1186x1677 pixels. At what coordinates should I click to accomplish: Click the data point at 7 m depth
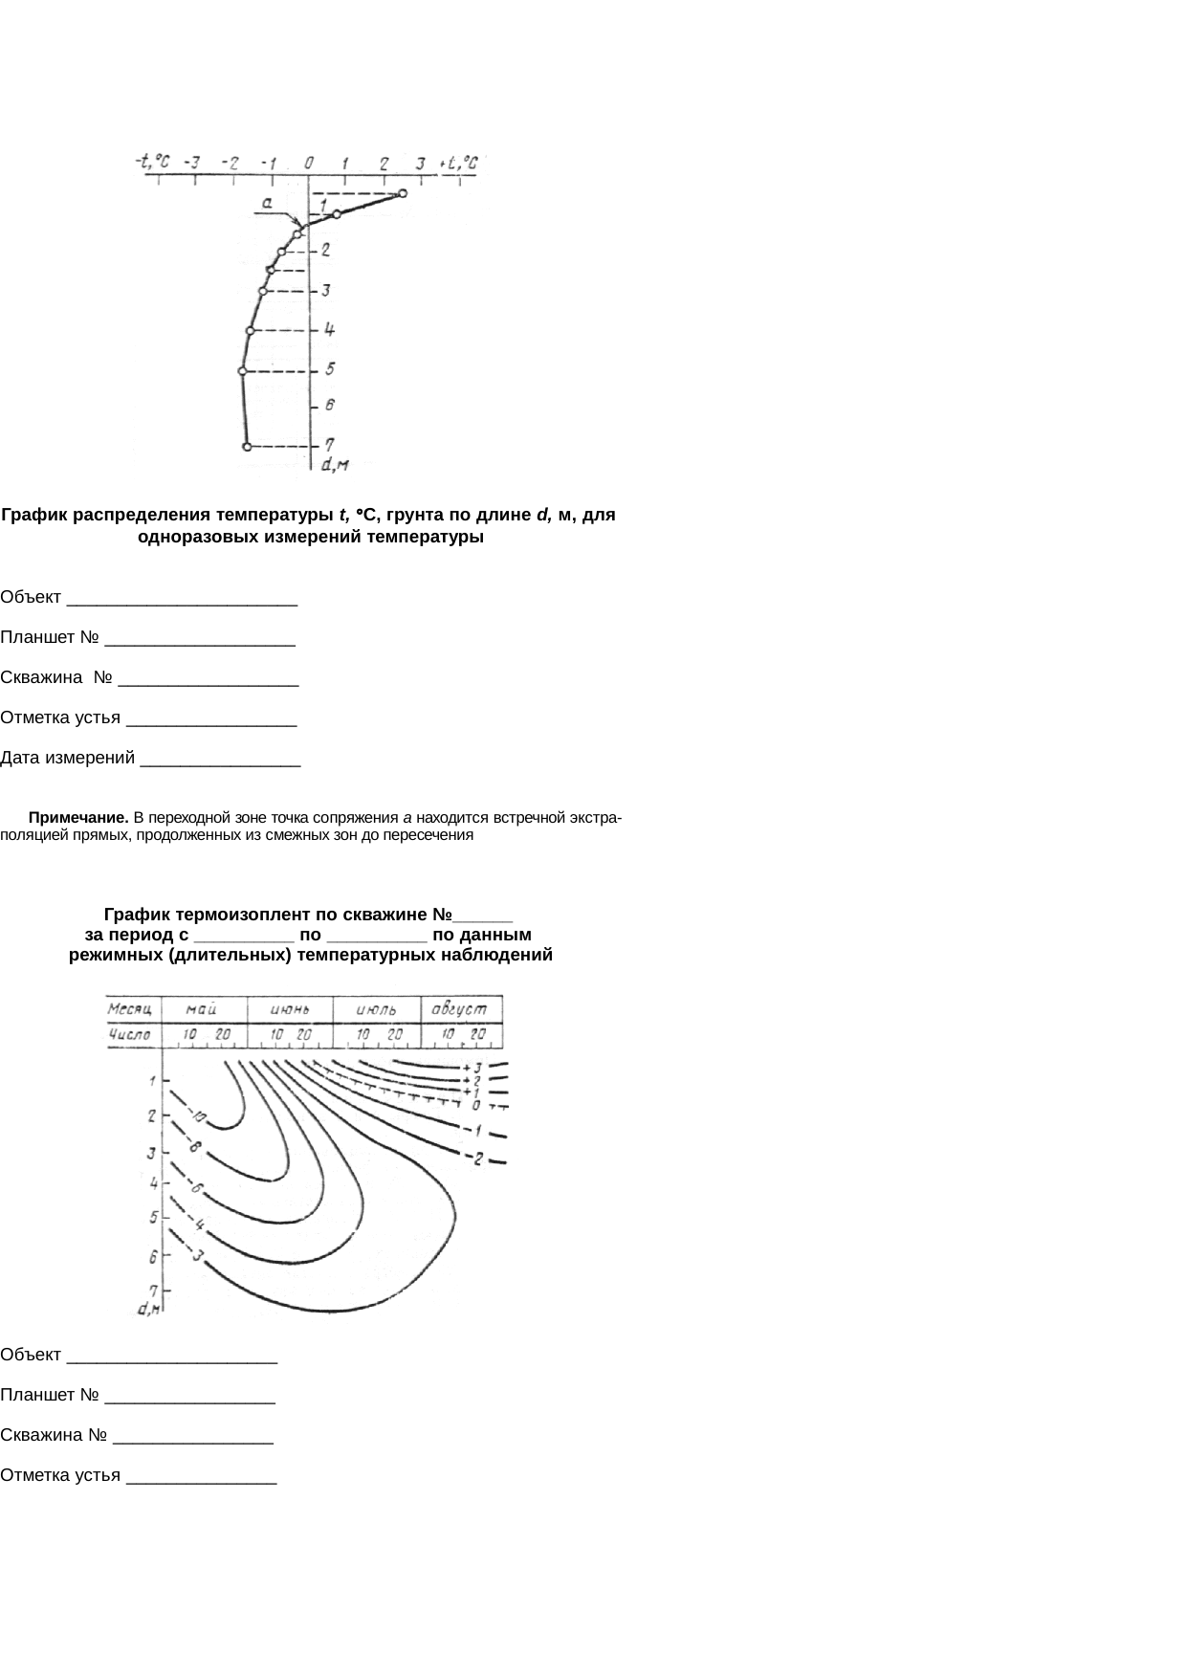click(247, 447)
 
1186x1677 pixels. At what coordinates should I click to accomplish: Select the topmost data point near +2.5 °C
click(403, 194)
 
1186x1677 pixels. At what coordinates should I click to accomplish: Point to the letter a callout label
click(269, 203)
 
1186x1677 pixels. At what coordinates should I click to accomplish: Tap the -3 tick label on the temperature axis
click(192, 163)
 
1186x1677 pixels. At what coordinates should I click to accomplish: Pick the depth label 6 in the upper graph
click(328, 406)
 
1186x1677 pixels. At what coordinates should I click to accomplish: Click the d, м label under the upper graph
click(334, 465)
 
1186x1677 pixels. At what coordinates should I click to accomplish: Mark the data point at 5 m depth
click(242, 370)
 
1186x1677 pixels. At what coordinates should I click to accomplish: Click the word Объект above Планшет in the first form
click(31, 598)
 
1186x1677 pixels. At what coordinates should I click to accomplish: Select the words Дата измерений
click(67, 759)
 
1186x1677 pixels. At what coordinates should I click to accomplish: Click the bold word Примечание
click(78, 818)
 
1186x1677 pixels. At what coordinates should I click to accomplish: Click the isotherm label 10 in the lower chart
click(198, 1116)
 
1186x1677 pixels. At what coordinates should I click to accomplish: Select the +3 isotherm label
click(471, 1068)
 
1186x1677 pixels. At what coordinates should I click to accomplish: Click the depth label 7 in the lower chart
click(153, 1290)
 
